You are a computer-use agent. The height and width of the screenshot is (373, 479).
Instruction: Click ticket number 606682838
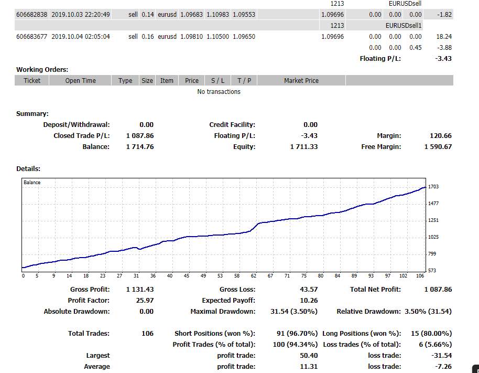(x=32, y=14)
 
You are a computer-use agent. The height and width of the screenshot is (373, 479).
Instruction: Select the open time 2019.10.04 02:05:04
(x=81, y=36)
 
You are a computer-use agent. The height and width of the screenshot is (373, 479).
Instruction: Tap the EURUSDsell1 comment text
(x=404, y=25)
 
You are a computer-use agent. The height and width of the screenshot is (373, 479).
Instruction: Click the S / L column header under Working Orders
(x=218, y=80)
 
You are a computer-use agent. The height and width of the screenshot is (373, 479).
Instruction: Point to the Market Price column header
(x=301, y=80)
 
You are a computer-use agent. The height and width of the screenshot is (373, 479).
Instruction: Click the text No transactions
(x=219, y=91)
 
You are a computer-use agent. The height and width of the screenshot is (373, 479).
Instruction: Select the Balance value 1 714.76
(x=140, y=146)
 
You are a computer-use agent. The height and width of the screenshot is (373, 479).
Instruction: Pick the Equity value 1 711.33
(x=304, y=146)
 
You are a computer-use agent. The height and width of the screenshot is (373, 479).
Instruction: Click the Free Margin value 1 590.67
(x=438, y=146)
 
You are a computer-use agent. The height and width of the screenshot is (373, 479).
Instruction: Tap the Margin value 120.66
(x=441, y=135)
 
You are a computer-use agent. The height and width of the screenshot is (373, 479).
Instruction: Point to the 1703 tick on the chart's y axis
(x=433, y=187)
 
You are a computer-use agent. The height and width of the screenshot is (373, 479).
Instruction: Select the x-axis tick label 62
(x=254, y=275)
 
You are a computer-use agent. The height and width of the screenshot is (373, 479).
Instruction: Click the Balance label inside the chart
(x=32, y=182)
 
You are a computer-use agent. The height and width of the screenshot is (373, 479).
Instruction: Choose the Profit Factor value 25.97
(x=145, y=300)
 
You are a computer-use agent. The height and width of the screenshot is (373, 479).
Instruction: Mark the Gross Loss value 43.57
(x=309, y=289)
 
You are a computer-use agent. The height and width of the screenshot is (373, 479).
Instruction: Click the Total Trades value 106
(x=148, y=333)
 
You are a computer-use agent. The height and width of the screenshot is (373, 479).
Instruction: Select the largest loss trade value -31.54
(x=442, y=355)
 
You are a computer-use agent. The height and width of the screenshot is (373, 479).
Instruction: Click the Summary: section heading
(x=32, y=113)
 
